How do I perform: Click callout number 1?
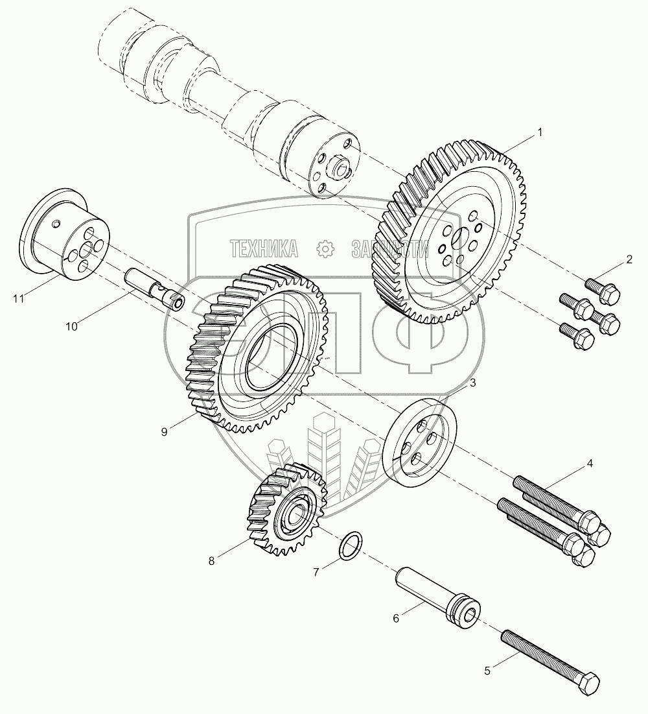pyautogui.click(x=538, y=133)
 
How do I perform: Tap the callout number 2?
pyautogui.click(x=628, y=261)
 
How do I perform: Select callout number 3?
pyautogui.click(x=472, y=383)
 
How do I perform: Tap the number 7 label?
pyautogui.click(x=316, y=572)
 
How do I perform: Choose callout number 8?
pyautogui.click(x=211, y=562)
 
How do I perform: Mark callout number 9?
pyautogui.click(x=164, y=431)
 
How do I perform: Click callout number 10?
pyautogui.click(x=71, y=326)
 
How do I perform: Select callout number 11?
pyautogui.click(x=19, y=298)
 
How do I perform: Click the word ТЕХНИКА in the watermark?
pyautogui.click(x=264, y=247)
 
